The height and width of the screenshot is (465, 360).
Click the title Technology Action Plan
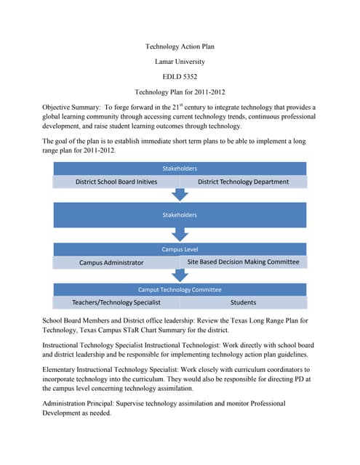point(180,46)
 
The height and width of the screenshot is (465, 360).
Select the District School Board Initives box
point(116,182)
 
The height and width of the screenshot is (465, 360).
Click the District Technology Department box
point(243,182)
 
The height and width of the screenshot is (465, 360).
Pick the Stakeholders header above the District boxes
point(180,168)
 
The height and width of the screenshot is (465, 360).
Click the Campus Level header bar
point(180,249)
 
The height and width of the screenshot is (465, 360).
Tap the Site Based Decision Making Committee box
point(243,262)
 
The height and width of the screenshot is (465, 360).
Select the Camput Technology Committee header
point(180,289)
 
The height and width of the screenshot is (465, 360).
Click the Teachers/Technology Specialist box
point(116,302)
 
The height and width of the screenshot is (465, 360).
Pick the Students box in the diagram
point(243,302)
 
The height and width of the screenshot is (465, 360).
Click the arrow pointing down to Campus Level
point(180,235)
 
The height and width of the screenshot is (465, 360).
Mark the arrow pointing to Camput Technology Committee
point(180,276)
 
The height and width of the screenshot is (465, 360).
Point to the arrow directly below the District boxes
point(180,195)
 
